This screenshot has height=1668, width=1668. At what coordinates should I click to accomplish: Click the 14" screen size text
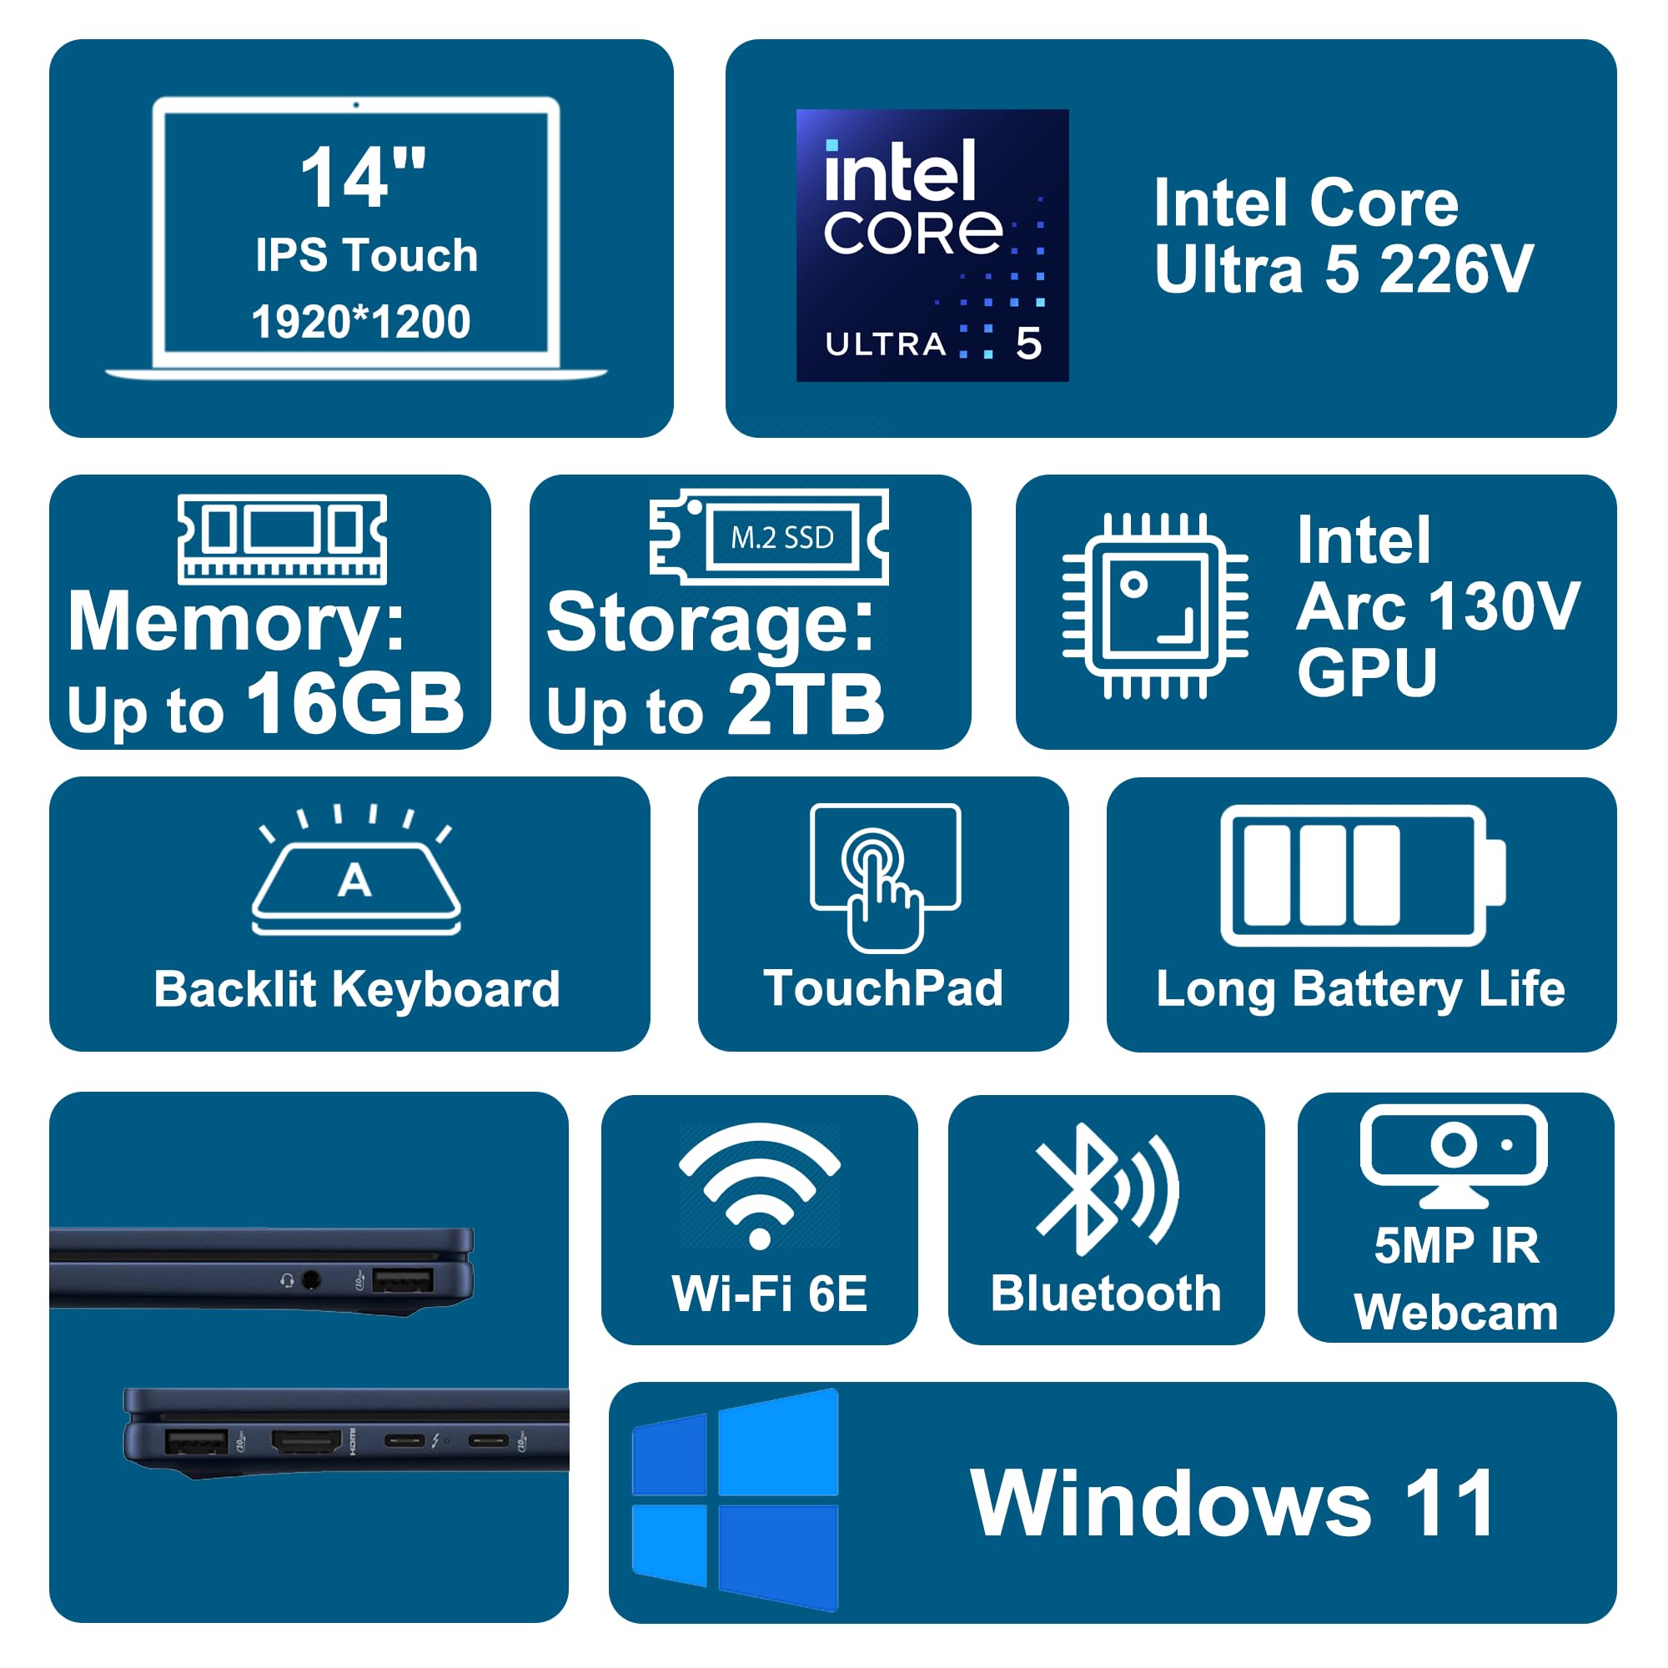(363, 178)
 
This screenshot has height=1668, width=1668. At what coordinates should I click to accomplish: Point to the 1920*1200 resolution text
(361, 323)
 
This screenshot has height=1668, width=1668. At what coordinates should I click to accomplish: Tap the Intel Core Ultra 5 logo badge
(932, 245)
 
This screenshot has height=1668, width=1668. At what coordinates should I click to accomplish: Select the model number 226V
(1455, 270)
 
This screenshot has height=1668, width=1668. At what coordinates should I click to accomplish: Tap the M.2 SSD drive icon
(768, 537)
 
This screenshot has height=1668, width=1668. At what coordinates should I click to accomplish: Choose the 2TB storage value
(806, 706)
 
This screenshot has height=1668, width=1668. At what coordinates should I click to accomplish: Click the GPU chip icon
(1154, 605)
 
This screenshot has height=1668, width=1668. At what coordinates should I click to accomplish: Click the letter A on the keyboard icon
(354, 882)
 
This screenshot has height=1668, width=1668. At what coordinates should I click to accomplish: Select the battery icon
(1363, 876)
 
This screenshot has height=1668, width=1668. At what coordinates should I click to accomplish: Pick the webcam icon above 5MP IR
(1453, 1154)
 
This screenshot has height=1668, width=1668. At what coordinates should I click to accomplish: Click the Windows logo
(736, 1500)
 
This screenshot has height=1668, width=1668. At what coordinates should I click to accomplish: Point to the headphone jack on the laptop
(312, 1279)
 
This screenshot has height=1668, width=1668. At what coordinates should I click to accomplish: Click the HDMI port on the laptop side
(306, 1441)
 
